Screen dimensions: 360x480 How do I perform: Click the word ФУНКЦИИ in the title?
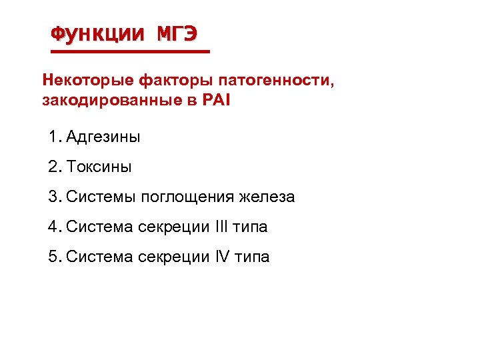pyautogui.click(x=96, y=33)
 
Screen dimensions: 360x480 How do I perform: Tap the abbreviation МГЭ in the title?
pyautogui.click(x=177, y=33)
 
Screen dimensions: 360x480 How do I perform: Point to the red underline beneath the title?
pyautogui.click(x=131, y=51)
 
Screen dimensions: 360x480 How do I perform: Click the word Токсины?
pyautogui.click(x=99, y=167)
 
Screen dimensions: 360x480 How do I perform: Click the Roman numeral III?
pyautogui.click(x=222, y=227)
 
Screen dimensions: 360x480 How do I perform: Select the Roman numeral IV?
pyautogui.click(x=223, y=257)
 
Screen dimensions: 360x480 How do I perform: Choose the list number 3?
pyautogui.click(x=53, y=197)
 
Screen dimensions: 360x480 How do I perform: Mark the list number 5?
pyautogui.click(x=53, y=257)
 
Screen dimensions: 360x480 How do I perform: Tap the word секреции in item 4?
pyautogui.click(x=175, y=227)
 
